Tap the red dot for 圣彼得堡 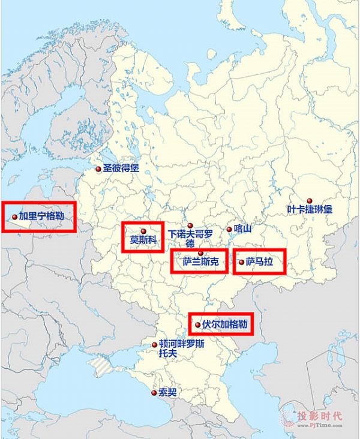point(99,169)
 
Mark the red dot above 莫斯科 point(143,231)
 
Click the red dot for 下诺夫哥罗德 point(190,225)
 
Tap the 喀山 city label point(242,228)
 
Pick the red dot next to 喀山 point(229,228)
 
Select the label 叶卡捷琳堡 point(309,210)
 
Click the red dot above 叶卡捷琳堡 point(310,200)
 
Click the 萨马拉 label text point(259,262)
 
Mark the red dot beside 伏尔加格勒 point(198,324)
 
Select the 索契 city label point(168,393)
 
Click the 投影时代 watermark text point(322,414)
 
